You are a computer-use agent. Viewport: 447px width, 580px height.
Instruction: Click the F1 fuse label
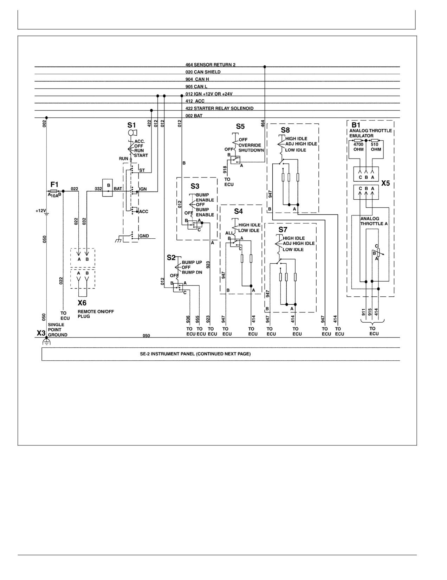(54, 185)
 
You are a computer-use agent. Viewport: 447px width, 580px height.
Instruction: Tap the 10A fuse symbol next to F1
(53, 191)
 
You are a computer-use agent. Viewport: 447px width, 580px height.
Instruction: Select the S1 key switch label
(131, 125)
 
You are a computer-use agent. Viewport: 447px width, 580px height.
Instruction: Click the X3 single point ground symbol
(46, 341)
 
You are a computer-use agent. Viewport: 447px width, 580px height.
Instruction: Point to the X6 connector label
(82, 303)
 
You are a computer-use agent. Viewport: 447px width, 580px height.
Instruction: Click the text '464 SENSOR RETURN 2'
(210, 65)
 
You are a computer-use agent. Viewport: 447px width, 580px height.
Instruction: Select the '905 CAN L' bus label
(196, 86)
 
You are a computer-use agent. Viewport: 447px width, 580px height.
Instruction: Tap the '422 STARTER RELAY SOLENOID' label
(220, 108)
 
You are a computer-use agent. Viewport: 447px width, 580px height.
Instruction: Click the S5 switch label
(240, 127)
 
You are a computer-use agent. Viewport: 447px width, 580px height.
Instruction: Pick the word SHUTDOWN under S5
(251, 150)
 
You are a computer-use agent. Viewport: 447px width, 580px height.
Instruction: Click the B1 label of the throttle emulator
(356, 125)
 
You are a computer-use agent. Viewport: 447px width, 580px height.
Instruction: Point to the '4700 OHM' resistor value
(358, 147)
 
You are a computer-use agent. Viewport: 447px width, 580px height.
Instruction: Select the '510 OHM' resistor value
(376, 147)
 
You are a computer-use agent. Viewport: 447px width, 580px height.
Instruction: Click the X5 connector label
(386, 183)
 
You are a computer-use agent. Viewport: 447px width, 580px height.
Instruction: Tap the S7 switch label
(283, 230)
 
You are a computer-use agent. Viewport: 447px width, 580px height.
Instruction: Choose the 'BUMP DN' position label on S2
(192, 272)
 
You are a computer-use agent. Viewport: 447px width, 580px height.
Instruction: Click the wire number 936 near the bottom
(188, 319)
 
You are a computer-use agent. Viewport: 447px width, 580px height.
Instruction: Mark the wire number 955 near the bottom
(197, 319)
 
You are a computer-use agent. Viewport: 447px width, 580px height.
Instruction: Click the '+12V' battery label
(41, 211)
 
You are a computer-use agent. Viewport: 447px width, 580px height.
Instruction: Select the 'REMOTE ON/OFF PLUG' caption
(96, 314)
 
